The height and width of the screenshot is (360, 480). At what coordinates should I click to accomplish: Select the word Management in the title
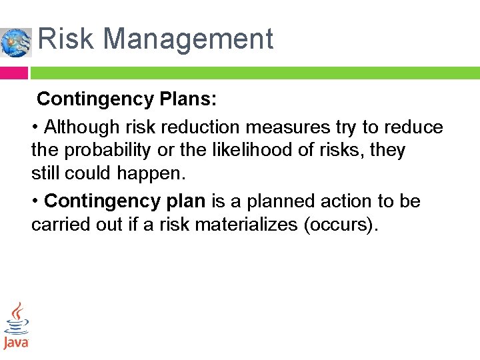point(188,39)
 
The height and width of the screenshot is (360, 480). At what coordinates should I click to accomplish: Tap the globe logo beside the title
point(15,42)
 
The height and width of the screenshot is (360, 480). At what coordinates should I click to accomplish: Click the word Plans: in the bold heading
point(188,99)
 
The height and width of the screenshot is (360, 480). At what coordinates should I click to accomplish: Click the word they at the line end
point(387,151)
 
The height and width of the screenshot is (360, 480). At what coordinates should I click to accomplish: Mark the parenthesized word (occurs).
point(341,225)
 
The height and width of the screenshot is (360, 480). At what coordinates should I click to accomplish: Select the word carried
point(57,225)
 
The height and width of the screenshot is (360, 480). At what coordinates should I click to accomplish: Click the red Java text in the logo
point(16,343)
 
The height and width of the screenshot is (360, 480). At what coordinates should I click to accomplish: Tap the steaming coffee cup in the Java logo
point(17,320)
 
